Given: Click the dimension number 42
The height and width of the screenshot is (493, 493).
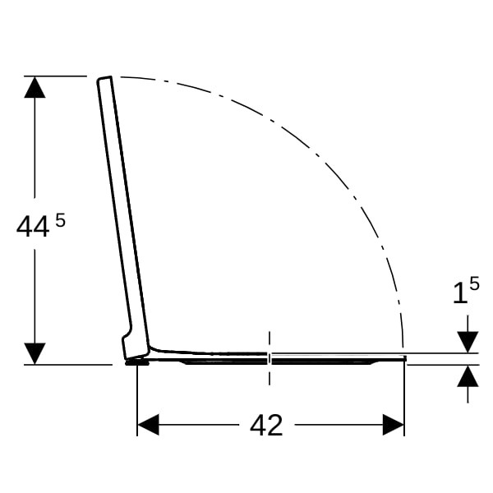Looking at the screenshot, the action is point(266,425).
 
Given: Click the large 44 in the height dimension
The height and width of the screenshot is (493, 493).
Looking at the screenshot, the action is point(33,227).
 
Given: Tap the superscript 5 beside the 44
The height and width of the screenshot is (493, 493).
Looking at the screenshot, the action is point(60,220).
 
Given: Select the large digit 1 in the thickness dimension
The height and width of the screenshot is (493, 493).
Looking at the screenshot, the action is point(460,293).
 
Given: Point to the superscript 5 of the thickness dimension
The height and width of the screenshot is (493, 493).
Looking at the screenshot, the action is point(474,283).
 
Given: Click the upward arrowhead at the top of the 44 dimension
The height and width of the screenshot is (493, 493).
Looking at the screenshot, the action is point(35,87).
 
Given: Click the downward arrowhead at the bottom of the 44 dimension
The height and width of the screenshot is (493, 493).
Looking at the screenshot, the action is point(35,353).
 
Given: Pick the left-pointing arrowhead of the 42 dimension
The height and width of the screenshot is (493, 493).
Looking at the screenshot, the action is point(148,425).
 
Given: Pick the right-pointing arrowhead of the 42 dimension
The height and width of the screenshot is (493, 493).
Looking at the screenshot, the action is point(394,425).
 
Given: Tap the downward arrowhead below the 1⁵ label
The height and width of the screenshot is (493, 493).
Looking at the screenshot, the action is point(468,342).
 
